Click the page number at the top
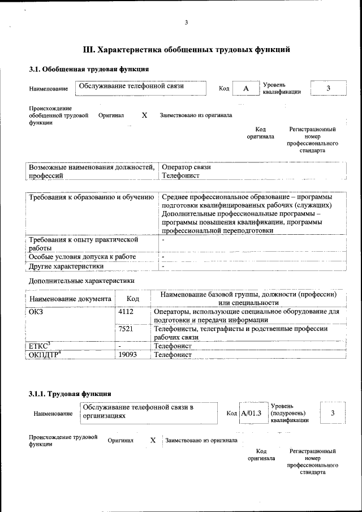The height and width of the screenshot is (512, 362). (x=186, y=23)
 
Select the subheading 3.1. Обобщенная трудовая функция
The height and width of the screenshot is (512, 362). (x=89, y=69)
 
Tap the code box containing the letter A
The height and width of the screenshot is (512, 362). (x=245, y=88)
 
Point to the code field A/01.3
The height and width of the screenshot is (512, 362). (x=252, y=413)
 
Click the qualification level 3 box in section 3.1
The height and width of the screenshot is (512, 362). (x=327, y=88)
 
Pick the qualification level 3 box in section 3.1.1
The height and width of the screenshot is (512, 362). (x=333, y=413)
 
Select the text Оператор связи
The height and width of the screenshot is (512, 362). (x=186, y=167)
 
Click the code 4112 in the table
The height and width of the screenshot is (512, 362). (x=126, y=311)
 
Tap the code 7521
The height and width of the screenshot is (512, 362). (x=126, y=329)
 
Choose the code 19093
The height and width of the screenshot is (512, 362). (x=128, y=354)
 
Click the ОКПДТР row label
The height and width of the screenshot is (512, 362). (x=45, y=354)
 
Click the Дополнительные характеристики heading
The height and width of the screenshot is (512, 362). (x=81, y=281)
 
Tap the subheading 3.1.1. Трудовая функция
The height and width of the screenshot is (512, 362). (x=70, y=393)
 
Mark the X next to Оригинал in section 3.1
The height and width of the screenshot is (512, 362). (x=144, y=115)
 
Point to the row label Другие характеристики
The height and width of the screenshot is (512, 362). (x=66, y=266)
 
